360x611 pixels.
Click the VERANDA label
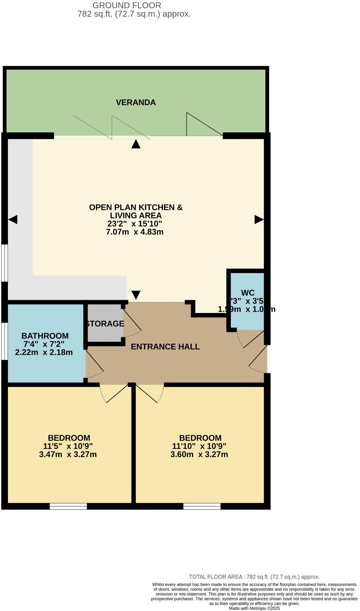(136, 103)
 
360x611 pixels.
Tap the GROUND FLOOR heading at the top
(126, 6)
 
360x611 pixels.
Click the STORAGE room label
(105, 324)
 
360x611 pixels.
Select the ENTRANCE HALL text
(165, 347)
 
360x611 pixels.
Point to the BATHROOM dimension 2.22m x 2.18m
(44, 352)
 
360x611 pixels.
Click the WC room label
(248, 293)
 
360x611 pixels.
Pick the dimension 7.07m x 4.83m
(134, 232)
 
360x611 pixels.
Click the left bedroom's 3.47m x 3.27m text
(68, 454)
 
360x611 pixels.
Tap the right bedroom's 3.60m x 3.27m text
(199, 454)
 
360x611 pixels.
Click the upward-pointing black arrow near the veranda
(136, 144)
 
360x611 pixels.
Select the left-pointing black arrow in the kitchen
(13, 219)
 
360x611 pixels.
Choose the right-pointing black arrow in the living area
(259, 219)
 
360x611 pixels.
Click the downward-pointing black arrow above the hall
(136, 295)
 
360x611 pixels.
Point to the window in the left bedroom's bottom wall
(68, 506)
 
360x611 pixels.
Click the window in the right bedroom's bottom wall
(202, 506)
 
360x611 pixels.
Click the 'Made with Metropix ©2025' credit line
(254, 608)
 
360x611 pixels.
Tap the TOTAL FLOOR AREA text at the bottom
(254, 577)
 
